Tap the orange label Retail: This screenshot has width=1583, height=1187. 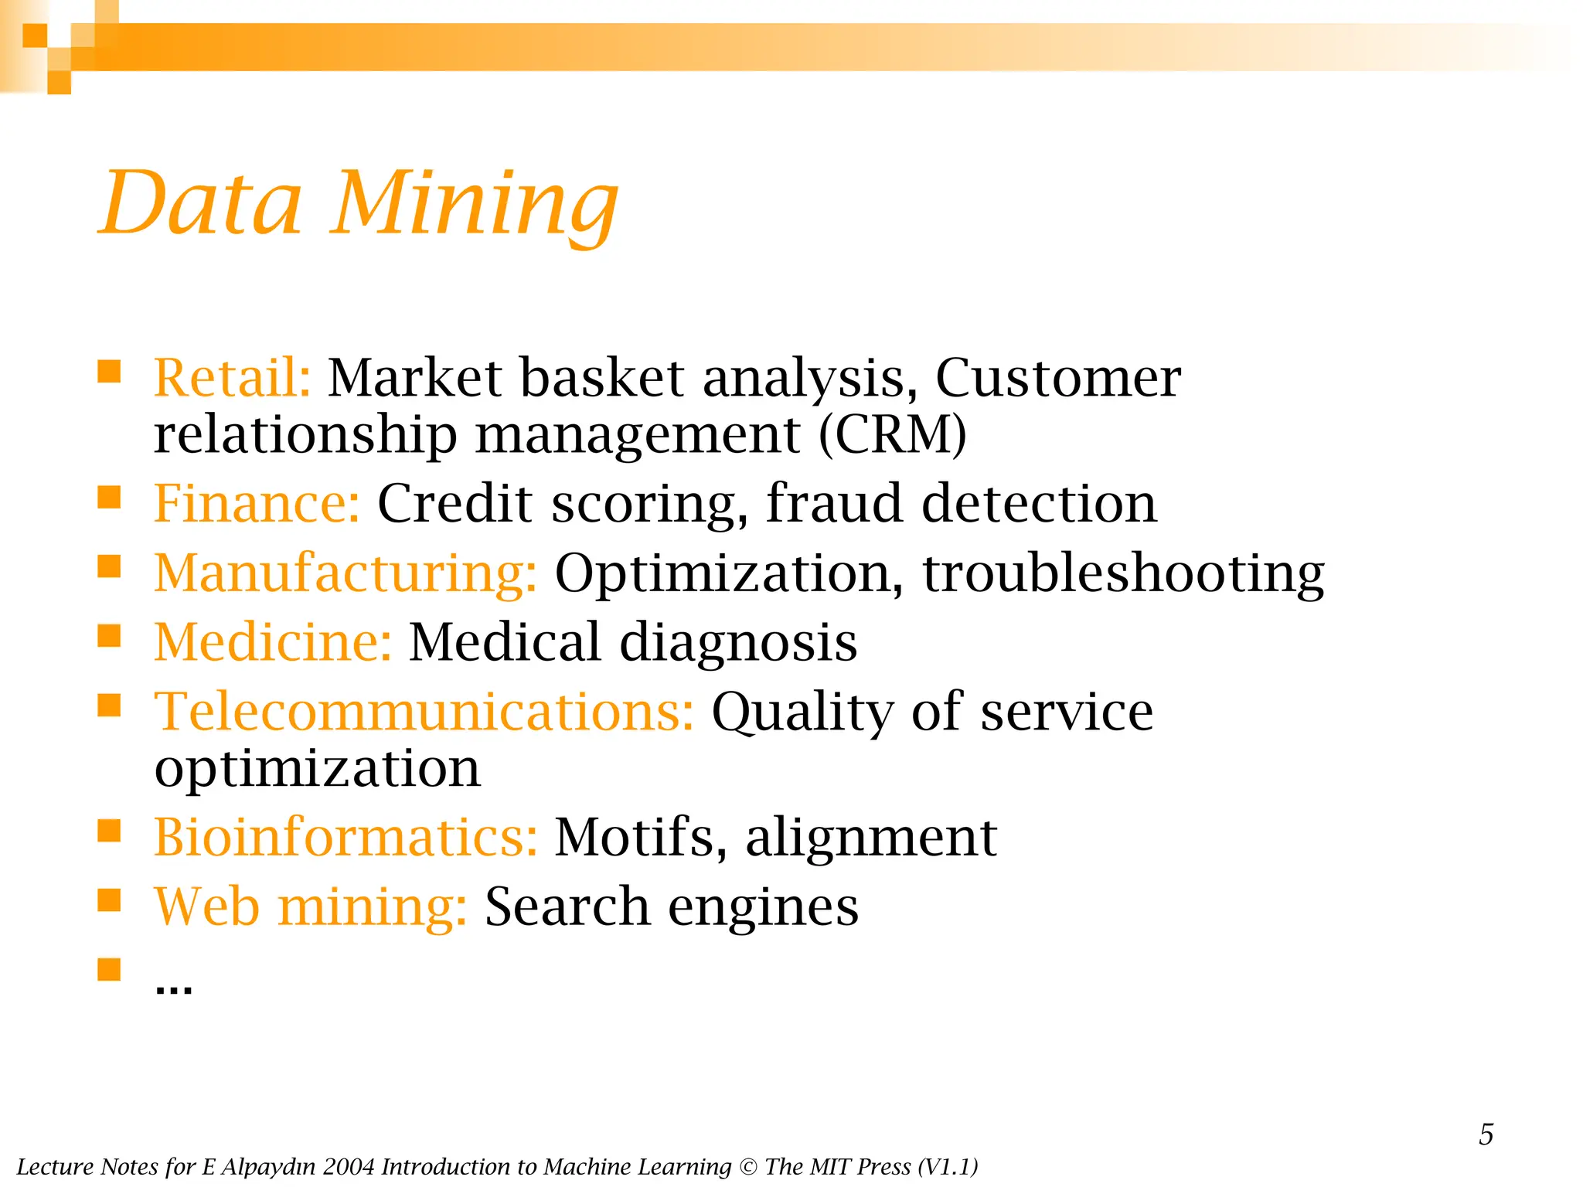coord(232,378)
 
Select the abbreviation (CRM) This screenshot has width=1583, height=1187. coord(892,434)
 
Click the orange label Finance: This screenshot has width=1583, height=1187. coord(257,503)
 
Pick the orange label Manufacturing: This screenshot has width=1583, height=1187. coord(346,573)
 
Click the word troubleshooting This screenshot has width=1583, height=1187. coord(1124,573)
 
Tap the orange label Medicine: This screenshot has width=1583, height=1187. coord(273,642)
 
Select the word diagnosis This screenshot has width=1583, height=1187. coord(738,642)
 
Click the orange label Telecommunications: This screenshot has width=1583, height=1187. coord(424,712)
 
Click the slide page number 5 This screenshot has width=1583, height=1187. coord(1486,1134)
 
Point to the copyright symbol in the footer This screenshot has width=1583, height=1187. coord(747,1167)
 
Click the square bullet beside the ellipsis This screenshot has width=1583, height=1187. coord(109,969)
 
